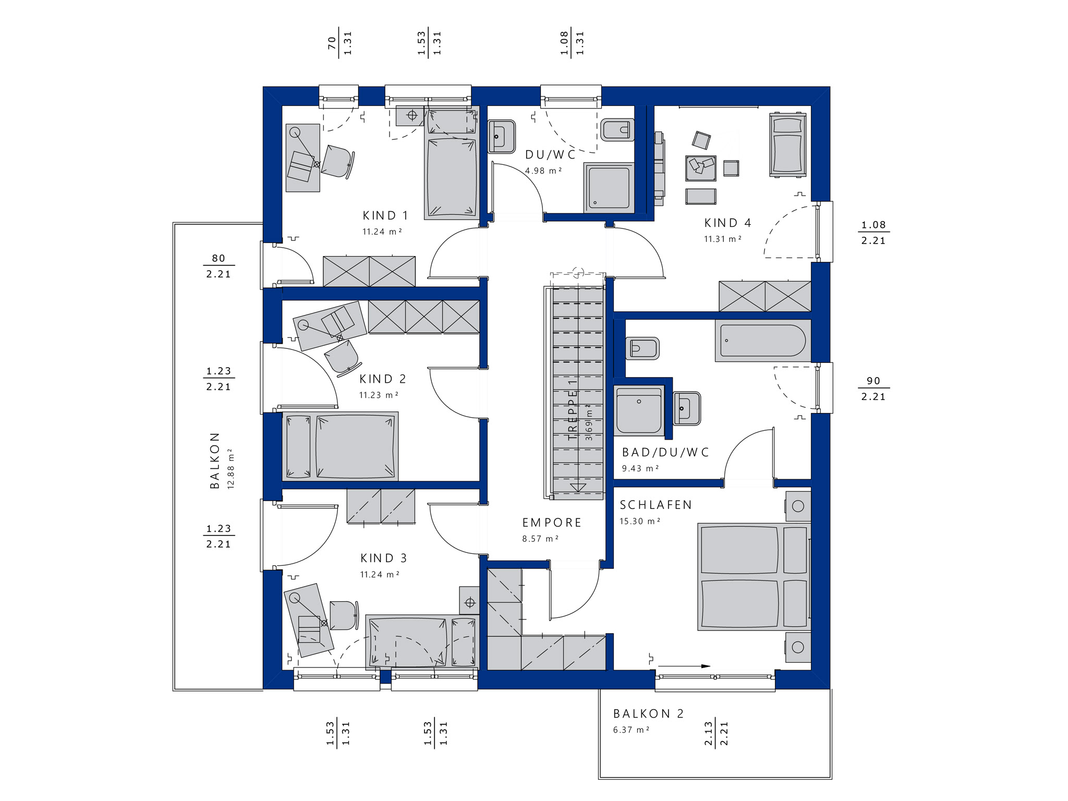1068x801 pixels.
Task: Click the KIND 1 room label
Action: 385,215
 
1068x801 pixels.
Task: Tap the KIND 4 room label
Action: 728,223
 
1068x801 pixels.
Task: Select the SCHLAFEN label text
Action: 656,505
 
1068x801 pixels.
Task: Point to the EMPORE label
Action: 552,523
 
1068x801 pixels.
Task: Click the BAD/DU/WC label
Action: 666,452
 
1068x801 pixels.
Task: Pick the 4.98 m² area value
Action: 543,171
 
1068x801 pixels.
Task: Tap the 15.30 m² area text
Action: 640,521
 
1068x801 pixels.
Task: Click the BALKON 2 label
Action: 648,713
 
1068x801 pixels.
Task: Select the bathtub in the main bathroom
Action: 763,341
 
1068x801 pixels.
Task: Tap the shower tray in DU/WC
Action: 609,188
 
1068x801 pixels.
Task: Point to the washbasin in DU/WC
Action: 502,137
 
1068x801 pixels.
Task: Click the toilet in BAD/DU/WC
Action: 642,348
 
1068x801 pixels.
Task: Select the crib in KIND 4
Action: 788,144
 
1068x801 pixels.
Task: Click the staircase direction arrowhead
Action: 578,488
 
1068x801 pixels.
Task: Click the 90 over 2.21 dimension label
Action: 873,389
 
